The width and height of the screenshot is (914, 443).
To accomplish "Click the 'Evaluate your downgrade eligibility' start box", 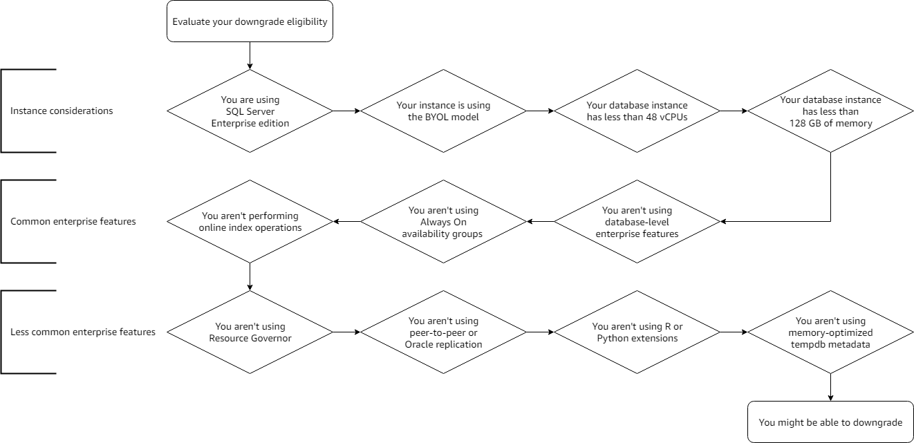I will point(250,21).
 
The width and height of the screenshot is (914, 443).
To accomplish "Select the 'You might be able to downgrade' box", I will point(830,422).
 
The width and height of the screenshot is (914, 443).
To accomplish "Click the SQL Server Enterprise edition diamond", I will point(250,111).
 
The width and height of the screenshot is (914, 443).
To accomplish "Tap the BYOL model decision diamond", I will point(443,111).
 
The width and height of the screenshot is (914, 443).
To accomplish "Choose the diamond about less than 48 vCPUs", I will point(637,111).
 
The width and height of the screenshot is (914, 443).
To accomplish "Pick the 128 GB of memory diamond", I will point(830,111).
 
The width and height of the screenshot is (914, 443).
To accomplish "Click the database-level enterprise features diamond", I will point(637,222).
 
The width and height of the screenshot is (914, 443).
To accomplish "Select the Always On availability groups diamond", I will point(443,222).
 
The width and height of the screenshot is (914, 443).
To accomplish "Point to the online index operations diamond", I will point(250,222).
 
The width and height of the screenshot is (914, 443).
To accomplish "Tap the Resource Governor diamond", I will point(250,332).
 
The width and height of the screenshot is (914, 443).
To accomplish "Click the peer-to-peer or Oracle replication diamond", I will point(443,332).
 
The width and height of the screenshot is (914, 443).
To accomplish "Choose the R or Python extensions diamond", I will point(637,332).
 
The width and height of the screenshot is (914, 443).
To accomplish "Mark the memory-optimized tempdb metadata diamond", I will point(830,332).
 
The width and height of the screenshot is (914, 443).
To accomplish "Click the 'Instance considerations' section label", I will point(62,111).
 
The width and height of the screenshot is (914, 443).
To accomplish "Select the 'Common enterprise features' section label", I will point(73,222).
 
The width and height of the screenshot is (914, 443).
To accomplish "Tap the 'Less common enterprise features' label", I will point(83,332).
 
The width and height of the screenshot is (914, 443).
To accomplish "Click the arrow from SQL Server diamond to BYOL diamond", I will point(346,111).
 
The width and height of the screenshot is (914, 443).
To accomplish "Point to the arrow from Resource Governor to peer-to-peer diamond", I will point(346,332).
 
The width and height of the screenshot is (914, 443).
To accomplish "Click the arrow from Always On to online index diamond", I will point(346,222).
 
